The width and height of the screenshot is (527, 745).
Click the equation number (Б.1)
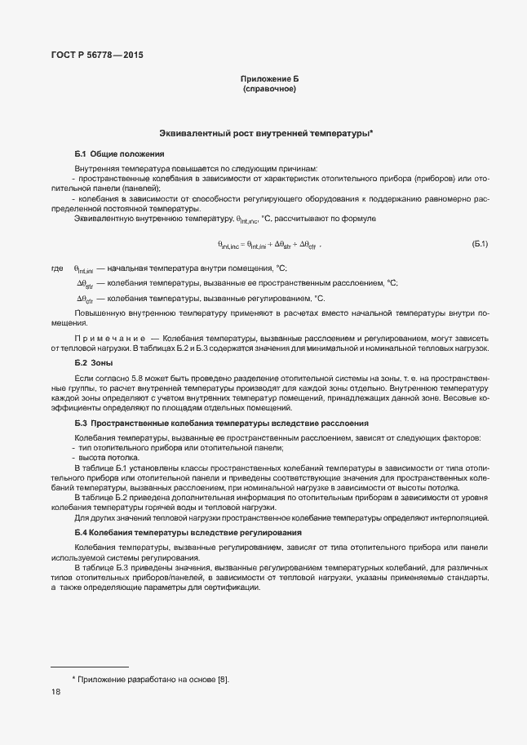click(479, 244)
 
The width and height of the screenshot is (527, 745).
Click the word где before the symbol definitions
click(56, 268)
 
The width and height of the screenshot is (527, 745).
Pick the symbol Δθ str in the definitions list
click(86, 283)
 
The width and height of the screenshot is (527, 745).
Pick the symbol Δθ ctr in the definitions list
click(86, 299)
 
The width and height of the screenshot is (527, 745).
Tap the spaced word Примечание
click(100, 338)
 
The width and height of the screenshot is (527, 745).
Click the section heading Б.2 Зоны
click(93, 362)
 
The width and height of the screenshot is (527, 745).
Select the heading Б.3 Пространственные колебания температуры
click(221, 423)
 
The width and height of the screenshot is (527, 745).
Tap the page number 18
click(55, 692)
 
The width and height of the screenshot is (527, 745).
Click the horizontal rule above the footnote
click(90, 667)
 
